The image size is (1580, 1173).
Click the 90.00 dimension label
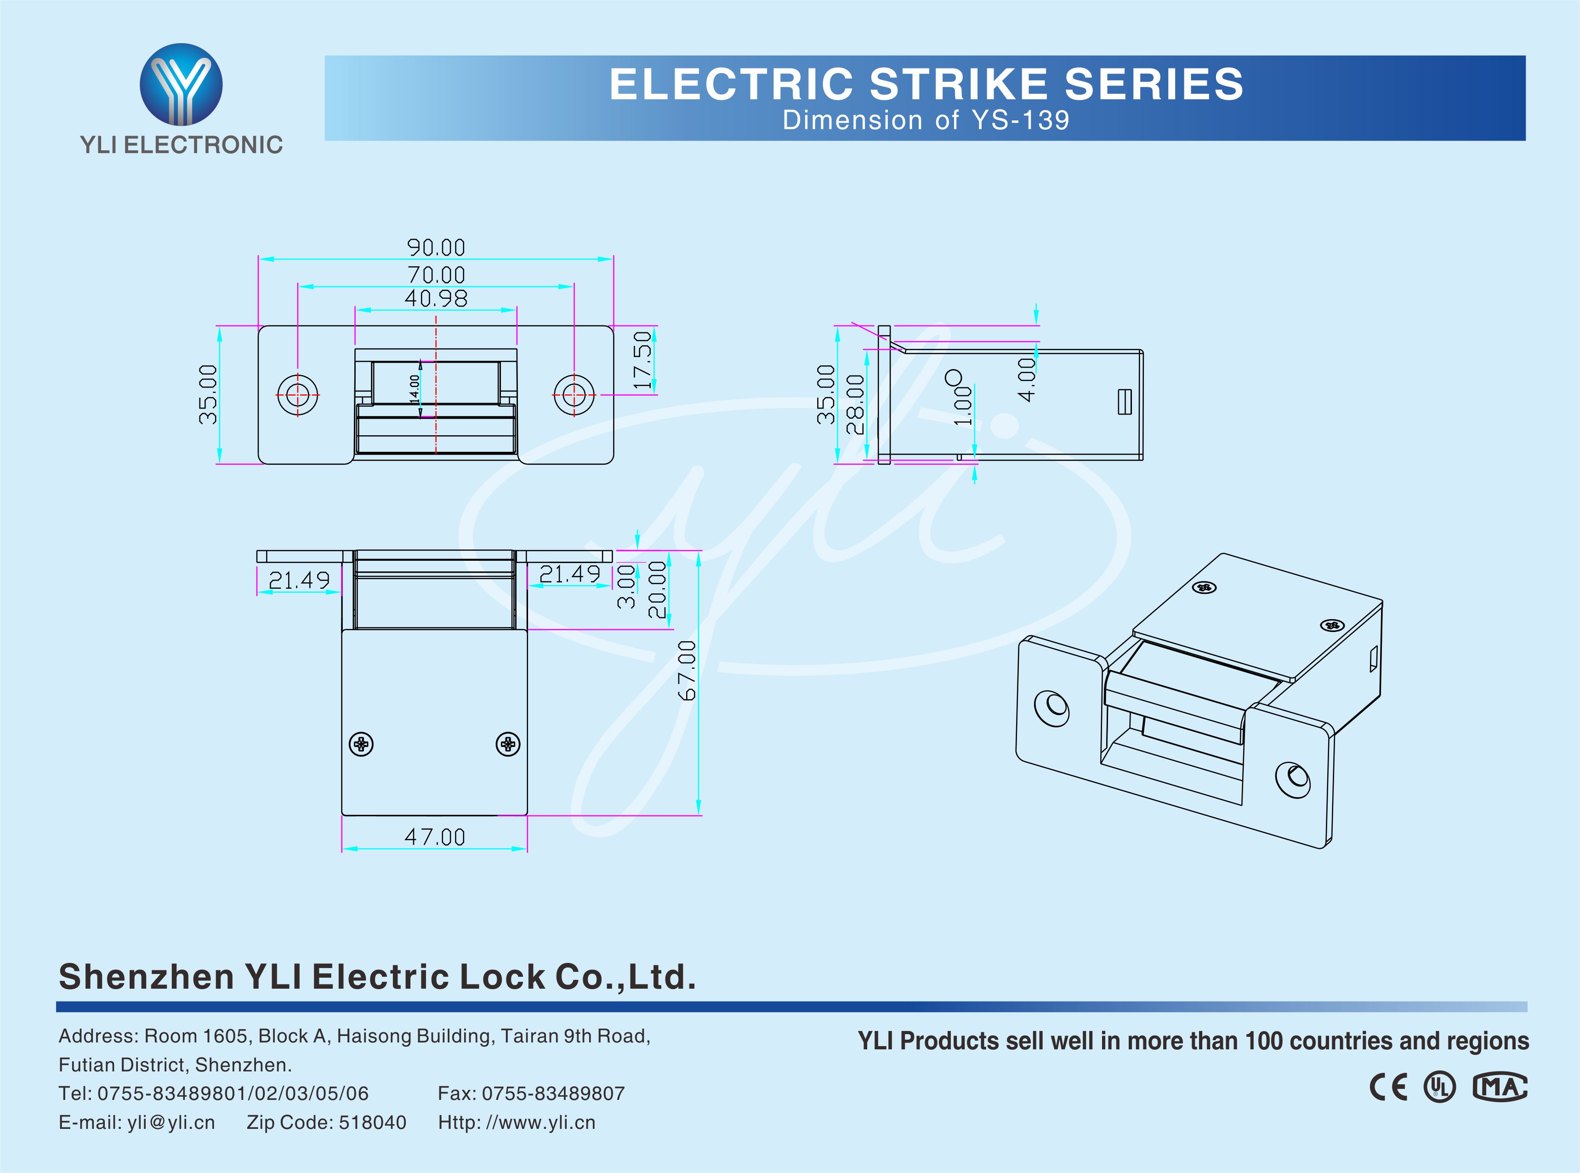pos(436,248)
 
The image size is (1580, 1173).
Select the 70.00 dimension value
pos(436,275)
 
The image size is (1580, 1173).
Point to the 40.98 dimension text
pos(436,298)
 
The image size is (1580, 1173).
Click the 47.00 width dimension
pos(434,837)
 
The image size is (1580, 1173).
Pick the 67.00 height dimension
pos(687,670)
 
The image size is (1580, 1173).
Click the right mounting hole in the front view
pos(574,395)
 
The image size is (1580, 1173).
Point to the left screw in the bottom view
pos(361,744)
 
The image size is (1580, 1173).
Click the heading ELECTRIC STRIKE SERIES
pos(926,85)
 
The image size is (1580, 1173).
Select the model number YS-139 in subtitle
pos(1020,121)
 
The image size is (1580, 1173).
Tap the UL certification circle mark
pos(1439,1087)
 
